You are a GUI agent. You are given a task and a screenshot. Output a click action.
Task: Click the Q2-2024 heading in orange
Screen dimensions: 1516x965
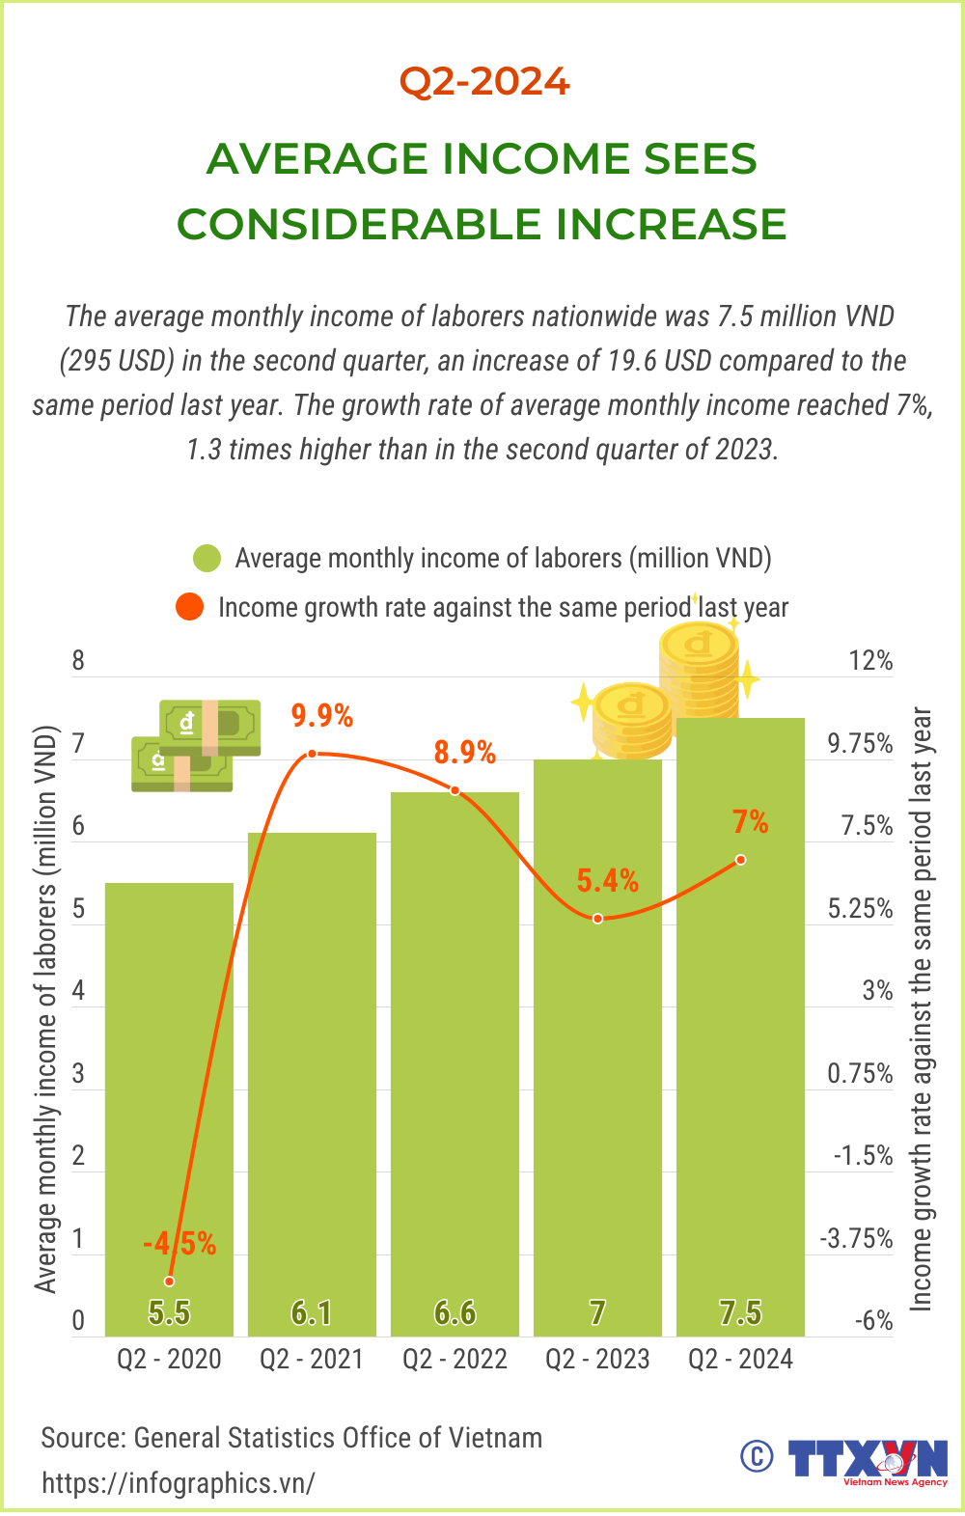[484, 81]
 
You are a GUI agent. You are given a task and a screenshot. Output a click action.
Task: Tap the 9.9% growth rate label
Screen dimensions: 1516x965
[322, 716]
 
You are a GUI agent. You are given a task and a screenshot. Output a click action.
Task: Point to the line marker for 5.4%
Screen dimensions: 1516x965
[598, 918]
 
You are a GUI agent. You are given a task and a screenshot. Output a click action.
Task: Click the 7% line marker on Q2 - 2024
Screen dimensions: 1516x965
[740, 859]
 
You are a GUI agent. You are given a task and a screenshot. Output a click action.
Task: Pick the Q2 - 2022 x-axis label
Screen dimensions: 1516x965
[455, 1359]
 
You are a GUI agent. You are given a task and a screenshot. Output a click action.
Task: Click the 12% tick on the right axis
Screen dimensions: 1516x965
[870, 661]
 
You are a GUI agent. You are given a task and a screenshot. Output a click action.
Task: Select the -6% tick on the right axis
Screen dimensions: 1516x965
[873, 1321]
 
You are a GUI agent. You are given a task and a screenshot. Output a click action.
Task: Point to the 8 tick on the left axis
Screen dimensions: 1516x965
[78, 661]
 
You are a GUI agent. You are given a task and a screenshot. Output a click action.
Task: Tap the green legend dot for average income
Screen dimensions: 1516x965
[207, 559]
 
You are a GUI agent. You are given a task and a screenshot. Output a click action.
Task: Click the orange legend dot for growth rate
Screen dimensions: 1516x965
[190, 607]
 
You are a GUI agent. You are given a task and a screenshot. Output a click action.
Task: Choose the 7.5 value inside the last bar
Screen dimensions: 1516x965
[740, 1312]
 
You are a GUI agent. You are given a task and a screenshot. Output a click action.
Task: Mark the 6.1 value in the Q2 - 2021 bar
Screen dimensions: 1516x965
[312, 1312]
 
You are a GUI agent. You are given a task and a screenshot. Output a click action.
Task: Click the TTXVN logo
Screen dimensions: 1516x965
[868, 1459]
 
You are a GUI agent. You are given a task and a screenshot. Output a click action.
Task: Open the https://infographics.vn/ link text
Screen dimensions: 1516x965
[179, 1482]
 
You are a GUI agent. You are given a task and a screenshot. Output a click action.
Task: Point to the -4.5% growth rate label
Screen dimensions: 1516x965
[179, 1243]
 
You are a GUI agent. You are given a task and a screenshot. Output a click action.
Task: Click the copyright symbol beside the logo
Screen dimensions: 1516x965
[757, 1456]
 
